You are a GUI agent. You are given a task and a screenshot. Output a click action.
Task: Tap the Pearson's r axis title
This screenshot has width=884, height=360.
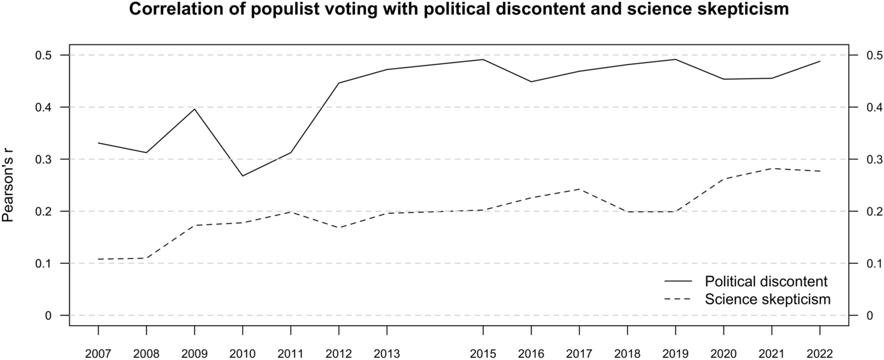pos(9,186)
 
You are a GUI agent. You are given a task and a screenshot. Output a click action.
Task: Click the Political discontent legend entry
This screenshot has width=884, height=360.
pos(766,281)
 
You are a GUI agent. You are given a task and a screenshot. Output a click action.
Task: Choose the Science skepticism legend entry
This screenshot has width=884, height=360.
pos(767,299)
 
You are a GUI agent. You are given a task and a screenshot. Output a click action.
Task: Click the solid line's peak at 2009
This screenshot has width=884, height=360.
pos(194,109)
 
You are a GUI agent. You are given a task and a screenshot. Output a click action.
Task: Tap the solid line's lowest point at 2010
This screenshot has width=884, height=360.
pos(243,176)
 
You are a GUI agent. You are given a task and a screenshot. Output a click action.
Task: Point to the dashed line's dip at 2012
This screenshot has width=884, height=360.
pos(339,227)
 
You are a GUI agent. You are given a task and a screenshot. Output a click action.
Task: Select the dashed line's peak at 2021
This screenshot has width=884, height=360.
pos(772,168)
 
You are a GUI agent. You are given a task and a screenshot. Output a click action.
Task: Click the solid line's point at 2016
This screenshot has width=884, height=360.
pos(531,82)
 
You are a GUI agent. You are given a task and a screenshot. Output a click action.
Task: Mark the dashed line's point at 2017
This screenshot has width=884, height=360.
pos(579,189)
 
